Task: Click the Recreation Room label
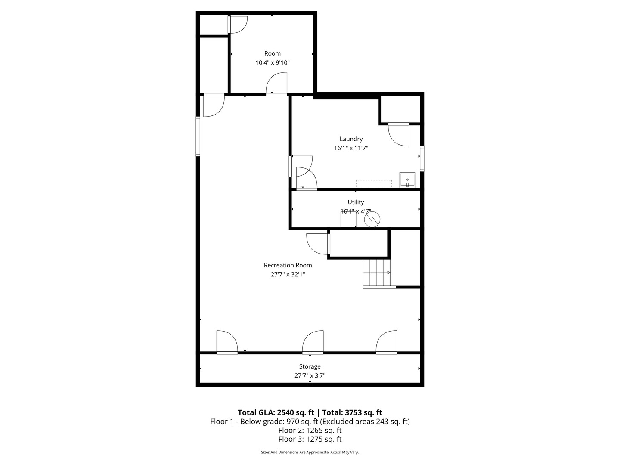click(x=288, y=265)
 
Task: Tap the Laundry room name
click(x=351, y=139)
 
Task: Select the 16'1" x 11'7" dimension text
click(x=351, y=148)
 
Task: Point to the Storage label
click(x=310, y=366)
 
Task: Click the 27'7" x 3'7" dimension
click(x=310, y=375)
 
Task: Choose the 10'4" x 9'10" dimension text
click(x=273, y=62)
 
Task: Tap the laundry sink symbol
click(x=407, y=180)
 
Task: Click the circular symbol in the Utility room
click(x=372, y=219)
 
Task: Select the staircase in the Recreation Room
click(x=377, y=273)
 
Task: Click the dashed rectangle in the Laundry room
click(x=374, y=183)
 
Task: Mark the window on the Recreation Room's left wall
click(x=198, y=136)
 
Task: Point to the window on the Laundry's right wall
click(x=422, y=159)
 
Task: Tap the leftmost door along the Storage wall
click(x=226, y=343)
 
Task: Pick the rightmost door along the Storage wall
click(x=386, y=343)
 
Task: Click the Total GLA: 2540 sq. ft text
click(x=276, y=412)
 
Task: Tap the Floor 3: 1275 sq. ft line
click(x=310, y=439)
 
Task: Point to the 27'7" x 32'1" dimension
click(x=288, y=274)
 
